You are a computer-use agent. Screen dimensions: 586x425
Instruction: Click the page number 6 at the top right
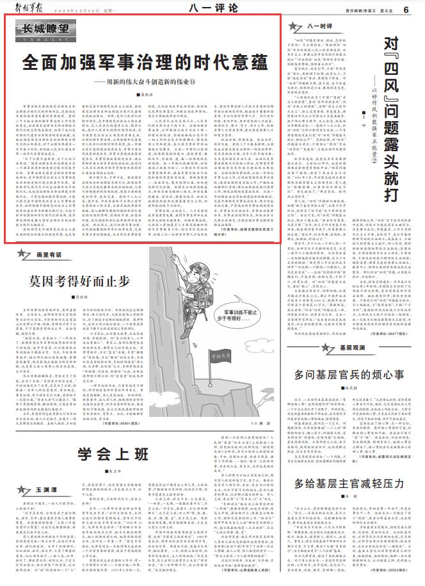tap(406, 9)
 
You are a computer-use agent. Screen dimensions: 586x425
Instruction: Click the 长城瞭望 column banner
tap(45, 29)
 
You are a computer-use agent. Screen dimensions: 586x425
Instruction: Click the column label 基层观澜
tap(333, 346)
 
